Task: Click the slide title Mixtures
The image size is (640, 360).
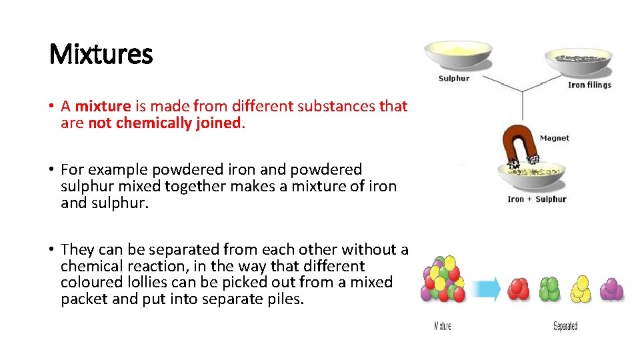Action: click(x=101, y=54)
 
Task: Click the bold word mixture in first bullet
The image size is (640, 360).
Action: click(x=103, y=106)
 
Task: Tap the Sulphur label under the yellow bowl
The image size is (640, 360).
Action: click(x=453, y=78)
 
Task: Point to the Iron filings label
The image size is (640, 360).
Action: click(x=589, y=85)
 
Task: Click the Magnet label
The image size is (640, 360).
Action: click(x=554, y=138)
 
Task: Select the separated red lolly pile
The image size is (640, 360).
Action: click(x=519, y=289)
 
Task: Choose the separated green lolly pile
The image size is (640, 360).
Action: click(x=550, y=289)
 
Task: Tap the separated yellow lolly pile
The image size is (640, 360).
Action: click(x=581, y=288)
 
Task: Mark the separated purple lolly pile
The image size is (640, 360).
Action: click(x=611, y=289)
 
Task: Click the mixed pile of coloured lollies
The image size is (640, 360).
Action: click(x=443, y=279)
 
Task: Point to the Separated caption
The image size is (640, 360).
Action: click(x=565, y=326)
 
